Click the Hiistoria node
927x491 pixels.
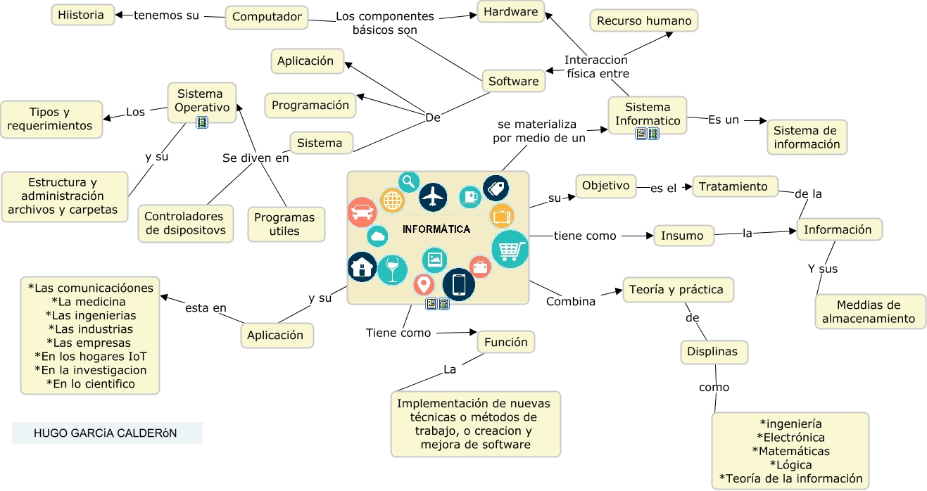pos(82,15)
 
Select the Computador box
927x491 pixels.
pos(267,17)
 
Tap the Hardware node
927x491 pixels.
pos(510,11)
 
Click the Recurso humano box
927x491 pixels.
pos(643,21)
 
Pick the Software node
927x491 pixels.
pos(513,82)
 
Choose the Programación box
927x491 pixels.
pos(310,106)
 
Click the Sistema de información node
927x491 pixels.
pos(806,137)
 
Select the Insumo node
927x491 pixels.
pos(682,236)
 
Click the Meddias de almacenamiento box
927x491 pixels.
pos(869,312)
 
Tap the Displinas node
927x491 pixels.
pos(712,352)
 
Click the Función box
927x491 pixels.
pos(505,343)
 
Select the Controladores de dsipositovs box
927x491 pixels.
pos(185,223)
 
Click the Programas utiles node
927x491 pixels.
pos(285,224)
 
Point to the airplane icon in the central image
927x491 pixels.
pos(433,198)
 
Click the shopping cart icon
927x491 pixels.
pos(510,249)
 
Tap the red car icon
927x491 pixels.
pos(362,212)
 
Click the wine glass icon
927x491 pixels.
pos(392,269)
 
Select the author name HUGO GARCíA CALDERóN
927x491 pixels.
pos(106,433)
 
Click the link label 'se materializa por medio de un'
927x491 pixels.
pos(538,132)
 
